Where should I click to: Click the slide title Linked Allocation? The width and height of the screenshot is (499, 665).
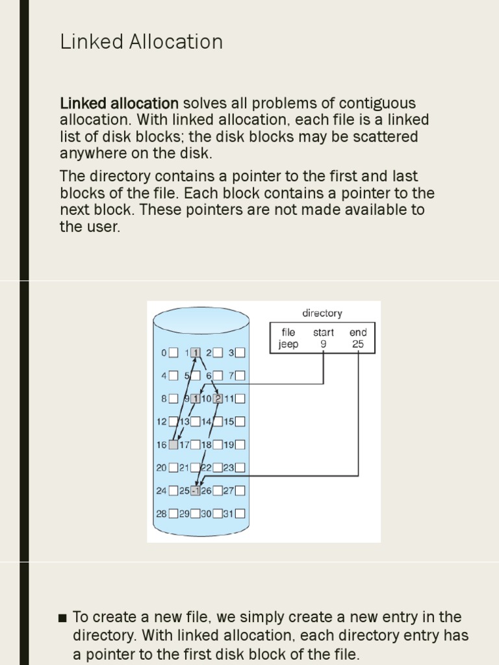pyautogui.click(x=141, y=42)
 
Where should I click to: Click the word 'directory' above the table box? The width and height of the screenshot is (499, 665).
pyautogui.click(x=322, y=313)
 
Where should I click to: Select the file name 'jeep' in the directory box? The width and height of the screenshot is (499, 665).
pyautogui.click(x=288, y=344)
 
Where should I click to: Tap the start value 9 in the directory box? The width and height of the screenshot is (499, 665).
pyautogui.click(x=323, y=344)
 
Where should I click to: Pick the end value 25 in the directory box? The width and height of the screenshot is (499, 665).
pyautogui.click(x=358, y=344)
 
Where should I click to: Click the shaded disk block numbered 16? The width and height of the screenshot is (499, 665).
pyautogui.click(x=173, y=445)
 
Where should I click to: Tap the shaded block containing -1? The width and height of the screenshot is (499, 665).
pyautogui.click(x=196, y=490)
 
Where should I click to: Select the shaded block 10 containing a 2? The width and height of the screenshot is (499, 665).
pyautogui.click(x=218, y=399)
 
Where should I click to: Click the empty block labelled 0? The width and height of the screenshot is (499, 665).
pyautogui.click(x=173, y=353)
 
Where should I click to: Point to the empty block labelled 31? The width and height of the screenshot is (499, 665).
pyautogui.click(x=240, y=514)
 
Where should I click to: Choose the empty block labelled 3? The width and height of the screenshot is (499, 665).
pyautogui.click(x=240, y=353)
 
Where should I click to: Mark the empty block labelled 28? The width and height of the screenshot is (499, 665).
pyautogui.click(x=173, y=514)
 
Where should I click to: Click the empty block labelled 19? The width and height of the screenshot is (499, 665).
pyautogui.click(x=240, y=445)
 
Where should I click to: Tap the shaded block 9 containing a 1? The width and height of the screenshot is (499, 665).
pyautogui.click(x=195, y=399)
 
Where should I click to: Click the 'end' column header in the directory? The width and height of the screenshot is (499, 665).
pyautogui.click(x=358, y=332)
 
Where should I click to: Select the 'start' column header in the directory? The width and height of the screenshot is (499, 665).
pyautogui.click(x=323, y=332)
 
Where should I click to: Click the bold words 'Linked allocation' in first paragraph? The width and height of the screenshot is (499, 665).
pyautogui.click(x=119, y=104)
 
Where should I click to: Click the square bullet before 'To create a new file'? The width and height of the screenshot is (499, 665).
pyautogui.click(x=62, y=617)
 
